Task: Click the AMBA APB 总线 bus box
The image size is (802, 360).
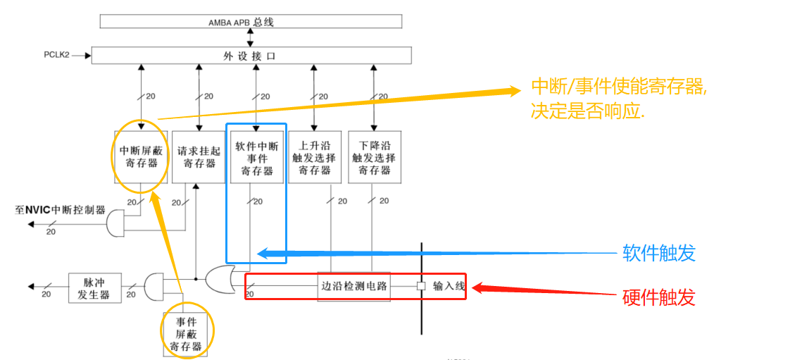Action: tap(251, 22)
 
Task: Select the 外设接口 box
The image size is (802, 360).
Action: tap(251, 56)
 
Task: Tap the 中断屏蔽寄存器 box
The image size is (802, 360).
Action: tap(142, 156)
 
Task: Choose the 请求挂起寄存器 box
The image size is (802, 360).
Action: tap(199, 156)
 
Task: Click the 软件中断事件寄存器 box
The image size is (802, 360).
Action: tap(256, 157)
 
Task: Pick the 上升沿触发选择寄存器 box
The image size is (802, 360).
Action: tap(315, 157)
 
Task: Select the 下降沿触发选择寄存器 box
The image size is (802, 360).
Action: tap(375, 157)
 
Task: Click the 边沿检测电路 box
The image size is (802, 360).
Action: tap(353, 287)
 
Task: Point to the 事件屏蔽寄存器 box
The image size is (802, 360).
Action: tap(189, 333)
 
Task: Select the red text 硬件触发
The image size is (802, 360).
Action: tap(658, 297)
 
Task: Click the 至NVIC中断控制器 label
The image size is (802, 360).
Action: tap(61, 210)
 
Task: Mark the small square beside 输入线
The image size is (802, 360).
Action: tap(421, 287)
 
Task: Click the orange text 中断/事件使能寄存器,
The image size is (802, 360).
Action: tap(619, 87)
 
